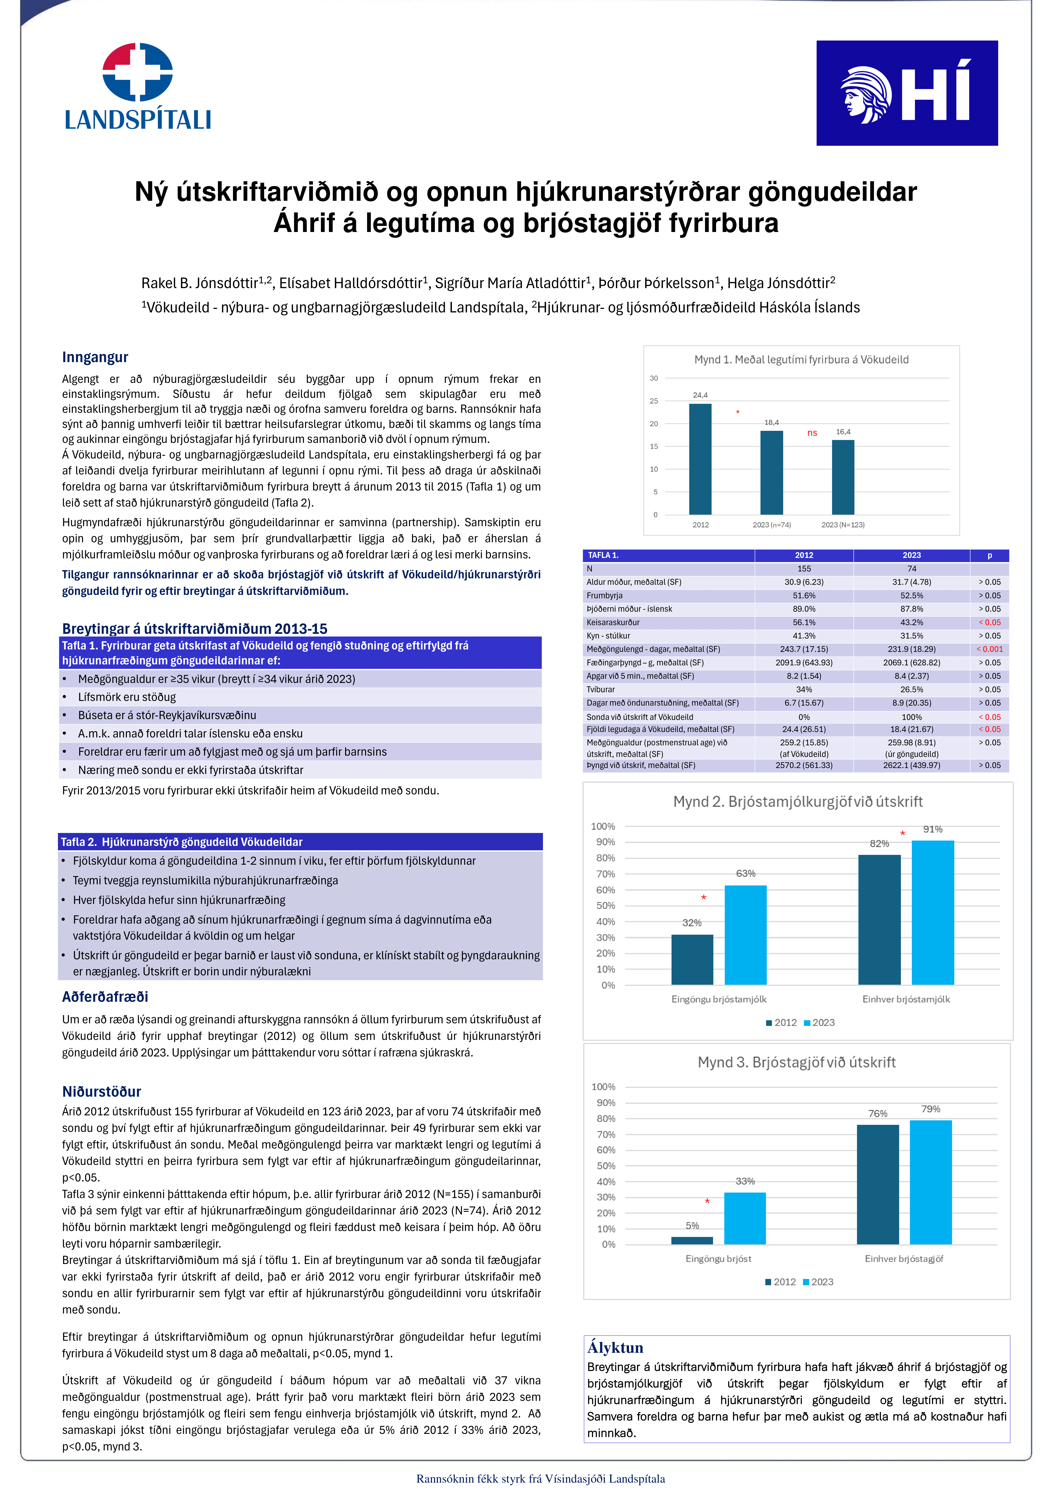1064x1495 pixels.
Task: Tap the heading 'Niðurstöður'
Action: pyautogui.click(x=101, y=1091)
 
